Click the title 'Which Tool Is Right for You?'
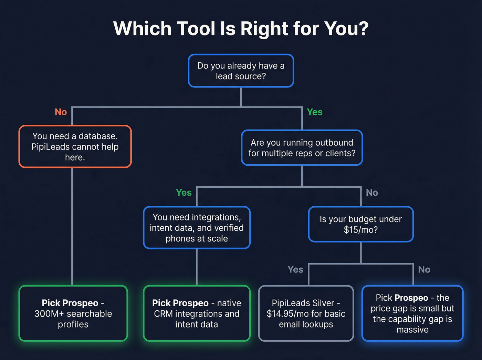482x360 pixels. coord(241,29)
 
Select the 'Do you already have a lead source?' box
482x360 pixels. coord(241,71)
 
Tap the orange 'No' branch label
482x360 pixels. coord(61,112)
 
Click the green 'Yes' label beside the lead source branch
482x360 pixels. coord(314,112)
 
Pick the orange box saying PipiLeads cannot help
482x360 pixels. coord(75,146)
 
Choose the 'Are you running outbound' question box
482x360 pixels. coord(302,148)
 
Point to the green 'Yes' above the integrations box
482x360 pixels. coord(184,193)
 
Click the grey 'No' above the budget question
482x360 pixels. coord(372,193)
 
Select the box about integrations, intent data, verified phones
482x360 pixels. coord(197,228)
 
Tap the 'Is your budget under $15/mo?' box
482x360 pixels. coord(360,224)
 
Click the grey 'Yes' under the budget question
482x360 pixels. coord(295,269)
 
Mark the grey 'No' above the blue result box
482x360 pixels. coord(424,269)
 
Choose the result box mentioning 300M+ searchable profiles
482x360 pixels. coord(73,313)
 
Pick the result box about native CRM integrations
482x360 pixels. coord(197,313)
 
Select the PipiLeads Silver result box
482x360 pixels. coord(306,313)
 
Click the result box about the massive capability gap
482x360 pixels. coord(412,313)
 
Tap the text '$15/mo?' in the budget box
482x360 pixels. coord(360,230)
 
